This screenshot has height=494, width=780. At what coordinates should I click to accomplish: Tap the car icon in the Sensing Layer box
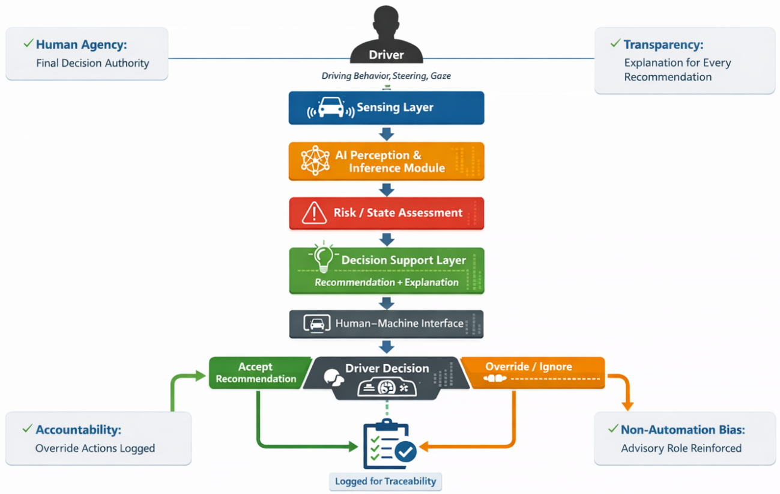point(331,107)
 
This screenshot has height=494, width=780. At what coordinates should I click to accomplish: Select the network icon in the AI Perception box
point(315,160)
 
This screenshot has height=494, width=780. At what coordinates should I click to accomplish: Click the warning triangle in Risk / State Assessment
point(314,212)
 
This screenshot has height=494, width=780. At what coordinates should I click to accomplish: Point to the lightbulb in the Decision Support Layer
point(324,257)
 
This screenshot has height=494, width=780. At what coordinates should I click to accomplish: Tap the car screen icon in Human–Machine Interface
point(317,324)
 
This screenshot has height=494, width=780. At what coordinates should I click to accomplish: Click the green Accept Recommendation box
point(258,373)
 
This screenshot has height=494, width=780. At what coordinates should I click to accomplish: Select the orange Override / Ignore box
point(533,373)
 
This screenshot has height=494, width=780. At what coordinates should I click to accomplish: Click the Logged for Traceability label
point(385,481)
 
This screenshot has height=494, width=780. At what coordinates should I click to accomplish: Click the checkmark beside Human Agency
point(29,43)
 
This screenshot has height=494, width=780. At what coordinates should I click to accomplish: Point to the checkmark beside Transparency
point(615,43)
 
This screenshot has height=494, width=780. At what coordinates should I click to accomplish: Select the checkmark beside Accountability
point(28,428)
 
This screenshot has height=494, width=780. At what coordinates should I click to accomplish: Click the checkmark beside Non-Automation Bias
point(614,428)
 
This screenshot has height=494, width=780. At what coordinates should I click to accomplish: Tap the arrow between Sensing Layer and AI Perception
point(387,134)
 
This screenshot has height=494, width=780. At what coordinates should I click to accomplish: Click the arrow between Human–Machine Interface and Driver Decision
point(387,347)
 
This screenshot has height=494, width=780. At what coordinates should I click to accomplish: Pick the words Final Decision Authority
point(92,63)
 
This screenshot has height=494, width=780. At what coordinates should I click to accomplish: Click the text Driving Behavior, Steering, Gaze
point(386,76)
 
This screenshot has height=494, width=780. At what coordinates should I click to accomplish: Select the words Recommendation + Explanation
point(387,282)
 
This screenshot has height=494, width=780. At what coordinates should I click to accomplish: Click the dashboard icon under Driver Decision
point(387,387)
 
